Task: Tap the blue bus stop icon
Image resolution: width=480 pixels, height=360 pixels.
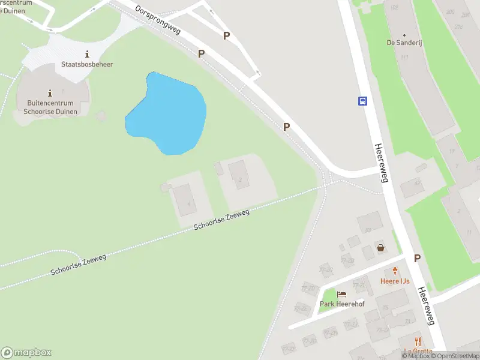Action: [363, 101]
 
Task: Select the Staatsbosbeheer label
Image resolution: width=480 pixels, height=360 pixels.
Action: [87, 64]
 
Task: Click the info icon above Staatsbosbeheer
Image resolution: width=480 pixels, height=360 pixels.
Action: [88, 54]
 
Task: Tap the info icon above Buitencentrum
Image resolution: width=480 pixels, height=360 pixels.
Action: [49, 93]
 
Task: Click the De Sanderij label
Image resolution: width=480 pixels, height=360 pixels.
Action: [404, 43]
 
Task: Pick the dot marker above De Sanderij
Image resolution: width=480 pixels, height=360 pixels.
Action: [404, 35]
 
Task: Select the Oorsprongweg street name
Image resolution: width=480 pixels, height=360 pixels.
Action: [158, 22]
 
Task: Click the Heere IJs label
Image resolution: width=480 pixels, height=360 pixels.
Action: [395, 281]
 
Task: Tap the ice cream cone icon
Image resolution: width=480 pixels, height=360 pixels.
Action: [395, 271]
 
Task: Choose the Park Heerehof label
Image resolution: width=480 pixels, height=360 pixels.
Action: [342, 304]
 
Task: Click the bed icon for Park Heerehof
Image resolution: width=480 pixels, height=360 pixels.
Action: [342, 294]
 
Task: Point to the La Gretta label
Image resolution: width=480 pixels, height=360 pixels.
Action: [418, 352]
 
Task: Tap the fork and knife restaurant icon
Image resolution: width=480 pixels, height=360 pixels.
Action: [418, 341]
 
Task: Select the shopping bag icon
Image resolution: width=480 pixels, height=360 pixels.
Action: [380, 247]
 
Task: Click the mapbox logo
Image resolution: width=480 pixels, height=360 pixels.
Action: [26, 353]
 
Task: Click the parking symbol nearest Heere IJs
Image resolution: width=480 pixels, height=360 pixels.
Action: [417, 258]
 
